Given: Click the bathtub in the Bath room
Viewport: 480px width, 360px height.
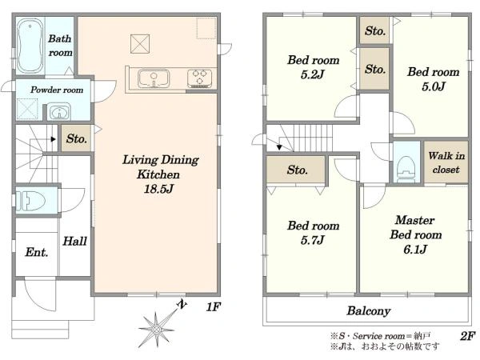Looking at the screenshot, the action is [30, 46].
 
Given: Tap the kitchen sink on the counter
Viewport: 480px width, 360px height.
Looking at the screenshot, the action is [154, 78].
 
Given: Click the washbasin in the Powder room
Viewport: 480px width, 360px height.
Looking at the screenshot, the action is [58, 112].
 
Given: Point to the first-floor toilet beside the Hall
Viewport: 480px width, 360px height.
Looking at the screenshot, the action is [30, 201].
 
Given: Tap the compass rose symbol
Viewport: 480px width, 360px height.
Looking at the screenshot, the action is [157, 330].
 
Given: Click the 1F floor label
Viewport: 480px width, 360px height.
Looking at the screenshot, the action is [213, 306].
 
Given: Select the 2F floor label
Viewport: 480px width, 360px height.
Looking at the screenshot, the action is [467, 336].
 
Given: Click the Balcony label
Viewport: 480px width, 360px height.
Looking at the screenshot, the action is [369, 311].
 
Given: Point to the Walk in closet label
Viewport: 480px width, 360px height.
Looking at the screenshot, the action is [446, 162].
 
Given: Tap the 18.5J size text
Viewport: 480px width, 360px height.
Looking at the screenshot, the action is [158, 189].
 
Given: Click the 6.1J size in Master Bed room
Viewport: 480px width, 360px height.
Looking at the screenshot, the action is [414, 250].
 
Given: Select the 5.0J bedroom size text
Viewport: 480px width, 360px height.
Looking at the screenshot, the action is [433, 86].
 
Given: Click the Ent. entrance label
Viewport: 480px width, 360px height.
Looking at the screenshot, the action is [37, 252].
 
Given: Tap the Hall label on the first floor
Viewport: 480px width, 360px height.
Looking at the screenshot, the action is [74, 242].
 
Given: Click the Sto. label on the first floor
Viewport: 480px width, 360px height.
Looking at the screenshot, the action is [77, 138].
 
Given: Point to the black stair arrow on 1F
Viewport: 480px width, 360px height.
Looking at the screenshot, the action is [54, 139].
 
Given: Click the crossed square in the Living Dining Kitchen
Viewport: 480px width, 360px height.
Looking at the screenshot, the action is [140, 44].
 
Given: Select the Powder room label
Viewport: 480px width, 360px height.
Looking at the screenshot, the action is [57, 90].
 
